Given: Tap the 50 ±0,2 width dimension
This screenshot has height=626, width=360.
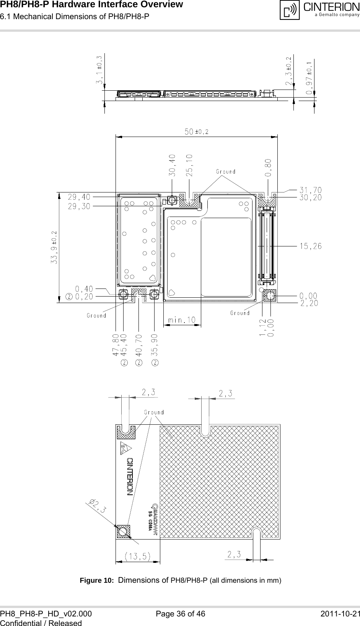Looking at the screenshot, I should [x=197, y=131].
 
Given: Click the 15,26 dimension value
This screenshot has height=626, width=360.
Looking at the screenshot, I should [x=310, y=246].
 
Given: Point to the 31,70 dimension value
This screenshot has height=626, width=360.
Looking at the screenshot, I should [x=310, y=190].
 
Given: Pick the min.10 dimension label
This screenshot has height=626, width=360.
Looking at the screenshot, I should [x=182, y=320].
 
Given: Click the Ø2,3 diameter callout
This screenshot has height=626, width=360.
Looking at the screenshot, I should [x=98, y=505].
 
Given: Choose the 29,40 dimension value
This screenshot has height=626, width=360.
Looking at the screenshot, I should [x=79, y=197].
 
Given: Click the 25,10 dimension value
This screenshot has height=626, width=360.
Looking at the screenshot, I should [x=189, y=165].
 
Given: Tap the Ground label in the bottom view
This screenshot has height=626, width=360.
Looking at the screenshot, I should [x=154, y=412].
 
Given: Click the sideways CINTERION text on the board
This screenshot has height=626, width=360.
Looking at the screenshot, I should [x=130, y=476].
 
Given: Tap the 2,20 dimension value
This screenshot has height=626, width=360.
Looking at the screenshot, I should [x=310, y=303].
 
